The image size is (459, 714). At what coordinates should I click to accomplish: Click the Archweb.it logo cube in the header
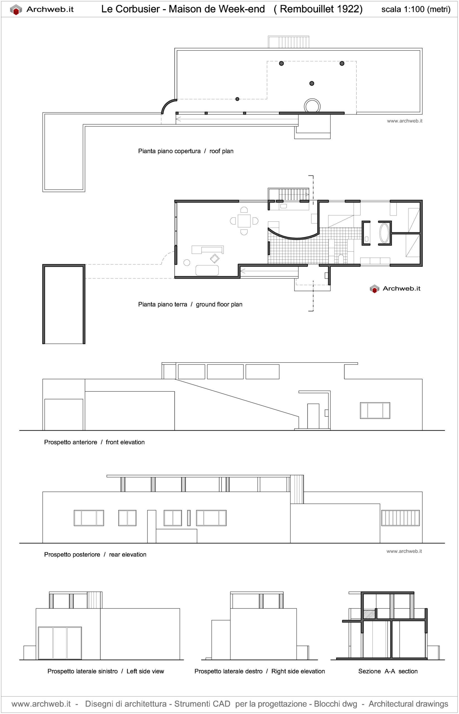click(x=16, y=9)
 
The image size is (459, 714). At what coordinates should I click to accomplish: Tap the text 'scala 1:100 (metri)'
click(x=416, y=9)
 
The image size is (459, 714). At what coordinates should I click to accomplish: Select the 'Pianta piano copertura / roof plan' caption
click(x=185, y=151)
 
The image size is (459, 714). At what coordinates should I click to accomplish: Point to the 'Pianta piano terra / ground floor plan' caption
click(x=190, y=304)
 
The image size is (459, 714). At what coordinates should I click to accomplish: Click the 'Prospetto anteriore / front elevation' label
click(x=94, y=442)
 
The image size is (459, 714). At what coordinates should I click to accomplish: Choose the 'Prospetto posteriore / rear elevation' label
click(x=95, y=554)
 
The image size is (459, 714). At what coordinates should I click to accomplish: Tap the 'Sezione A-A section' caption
click(x=388, y=671)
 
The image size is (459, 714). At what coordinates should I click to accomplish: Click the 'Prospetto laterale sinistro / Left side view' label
click(x=105, y=671)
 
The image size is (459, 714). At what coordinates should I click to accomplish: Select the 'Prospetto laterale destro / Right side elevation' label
click(x=259, y=671)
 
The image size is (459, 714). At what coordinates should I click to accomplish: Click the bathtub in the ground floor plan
click(x=384, y=233)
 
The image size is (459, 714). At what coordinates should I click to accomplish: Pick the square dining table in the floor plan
click(x=244, y=221)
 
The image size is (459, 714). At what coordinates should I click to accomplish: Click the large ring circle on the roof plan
click(x=312, y=106)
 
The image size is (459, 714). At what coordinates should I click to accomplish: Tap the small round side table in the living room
click(x=187, y=262)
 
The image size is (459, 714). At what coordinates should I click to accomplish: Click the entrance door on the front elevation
click(x=313, y=416)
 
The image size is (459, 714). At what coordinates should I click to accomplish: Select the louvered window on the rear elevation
click(x=400, y=518)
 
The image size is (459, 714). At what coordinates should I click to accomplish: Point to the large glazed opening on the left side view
click(x=60, y=643)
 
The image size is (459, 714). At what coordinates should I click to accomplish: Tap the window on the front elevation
click(x=375, y=411)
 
